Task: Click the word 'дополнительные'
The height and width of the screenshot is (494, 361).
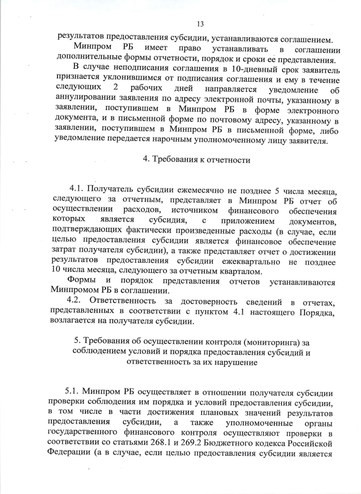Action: click(x=91, y=60)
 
